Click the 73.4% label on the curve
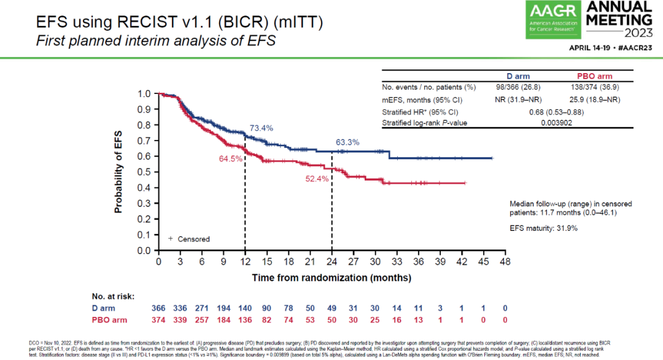click(x=261, y=128)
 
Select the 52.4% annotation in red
click(x=318, y=179)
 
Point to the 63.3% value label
click(x=347, y=143)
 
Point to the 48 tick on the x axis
click(x=505, y=261)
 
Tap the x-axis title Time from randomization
click(x=331, y=277)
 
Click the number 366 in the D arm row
click(x=159, y=308)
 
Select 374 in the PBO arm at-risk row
click(x=159, y=319)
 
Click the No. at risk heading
click(x=113, y=295)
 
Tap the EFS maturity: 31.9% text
click(x=543, y=228)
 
